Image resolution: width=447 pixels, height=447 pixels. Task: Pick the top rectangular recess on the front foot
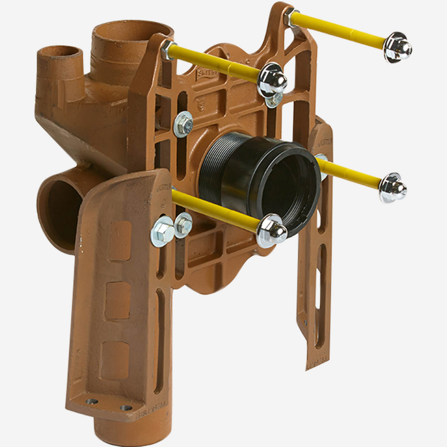pyautogui.click(x=120, y=237)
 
